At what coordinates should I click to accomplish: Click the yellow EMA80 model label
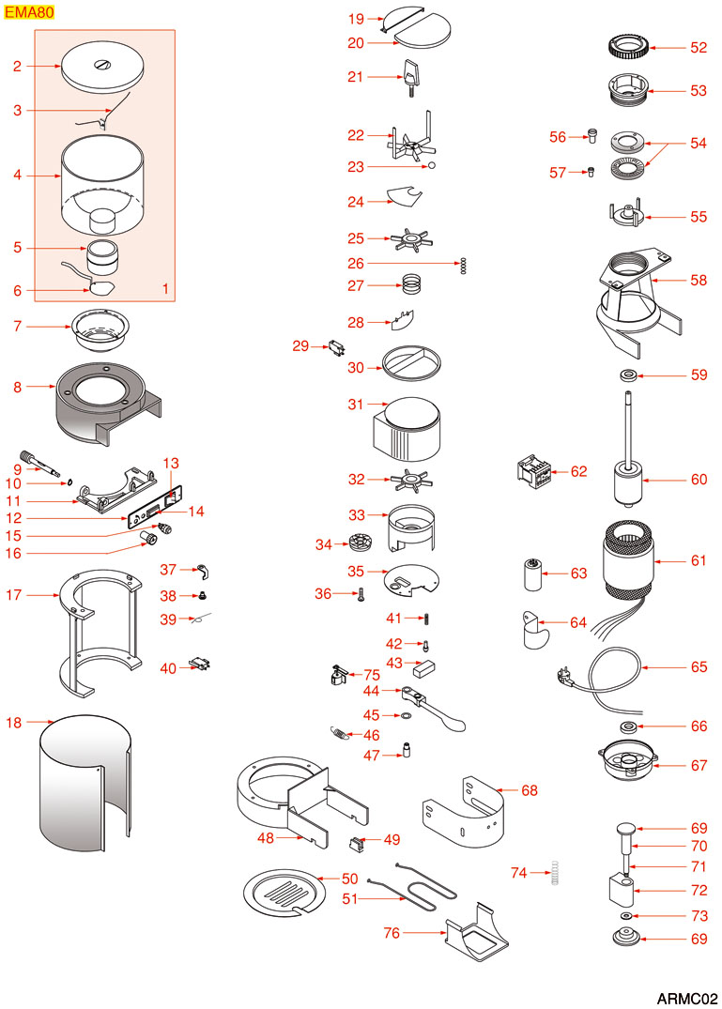click(29, 13)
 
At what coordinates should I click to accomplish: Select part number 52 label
click(699, 47)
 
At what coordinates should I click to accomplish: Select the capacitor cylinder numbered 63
click(533, 573)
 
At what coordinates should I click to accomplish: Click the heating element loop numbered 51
click(413, 892)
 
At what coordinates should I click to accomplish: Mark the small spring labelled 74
click(557, 874)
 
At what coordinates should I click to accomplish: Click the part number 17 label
click(14, 594)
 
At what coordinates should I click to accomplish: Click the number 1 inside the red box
click(165, 290)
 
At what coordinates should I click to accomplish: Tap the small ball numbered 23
click(431, 167)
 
